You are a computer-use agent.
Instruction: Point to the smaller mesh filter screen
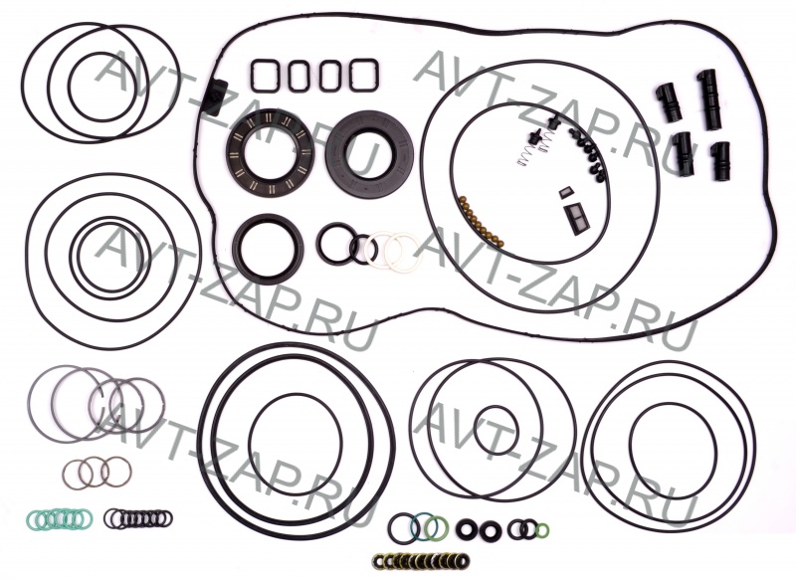(565, 193)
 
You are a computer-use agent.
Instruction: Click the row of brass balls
(482, 223)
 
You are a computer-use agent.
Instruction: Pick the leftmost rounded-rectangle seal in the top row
(265, 77)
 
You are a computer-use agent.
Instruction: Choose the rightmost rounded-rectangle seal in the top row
(363, 76)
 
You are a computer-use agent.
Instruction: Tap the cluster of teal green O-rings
(60, 517)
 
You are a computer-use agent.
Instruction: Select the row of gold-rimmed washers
(420, 561)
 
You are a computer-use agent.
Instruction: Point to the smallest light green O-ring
(541, 530)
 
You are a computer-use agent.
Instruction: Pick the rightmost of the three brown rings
(117, 472)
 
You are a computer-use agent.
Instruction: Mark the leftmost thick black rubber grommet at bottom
(466, 530)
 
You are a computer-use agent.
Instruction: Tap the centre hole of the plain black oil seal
(369, 150)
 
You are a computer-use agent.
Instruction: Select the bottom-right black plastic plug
(719, 161)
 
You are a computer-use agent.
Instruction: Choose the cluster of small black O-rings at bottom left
(138, 518)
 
